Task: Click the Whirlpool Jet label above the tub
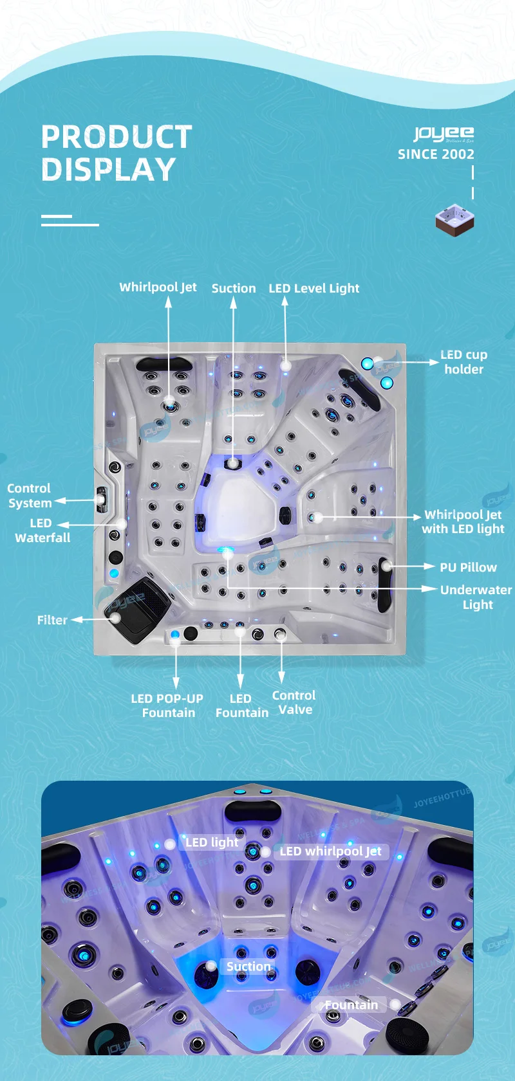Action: point(158,287)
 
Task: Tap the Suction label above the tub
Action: point(234,289)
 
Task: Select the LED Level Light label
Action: point(314,289)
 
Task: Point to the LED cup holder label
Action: point(464,362)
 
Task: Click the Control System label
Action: point(29,496)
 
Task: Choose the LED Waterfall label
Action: point(42,531)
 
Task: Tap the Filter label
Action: point(52,621)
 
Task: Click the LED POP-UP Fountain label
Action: point(167,705)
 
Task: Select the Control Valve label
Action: point(294,702)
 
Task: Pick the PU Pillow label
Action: point(468,568)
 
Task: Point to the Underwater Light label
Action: point(476,597)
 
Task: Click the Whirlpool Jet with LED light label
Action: point(463,522)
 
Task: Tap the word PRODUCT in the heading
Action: point(117,137)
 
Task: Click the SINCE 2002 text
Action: point(436,154)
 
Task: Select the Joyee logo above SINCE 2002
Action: point(444,134)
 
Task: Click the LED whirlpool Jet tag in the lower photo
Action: point(330,851)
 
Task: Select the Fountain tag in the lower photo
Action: point(351,1005)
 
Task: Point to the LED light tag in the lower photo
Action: point(212,842)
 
